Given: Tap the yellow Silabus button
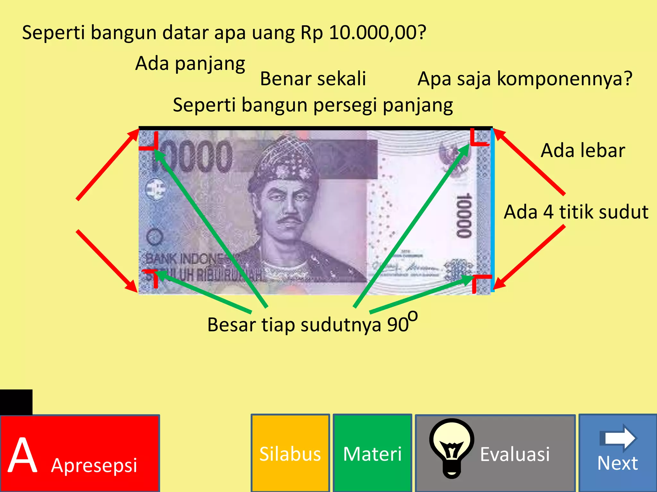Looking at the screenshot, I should click(290, 453).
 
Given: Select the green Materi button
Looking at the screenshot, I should click(372, 453).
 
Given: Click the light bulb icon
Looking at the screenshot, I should click(452, 448).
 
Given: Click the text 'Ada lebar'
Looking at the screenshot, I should click(583, 150).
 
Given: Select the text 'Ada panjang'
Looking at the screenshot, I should click(190, 63).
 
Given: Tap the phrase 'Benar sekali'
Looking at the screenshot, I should click(313, 79).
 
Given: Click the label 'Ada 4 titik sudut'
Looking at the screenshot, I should click(576, 212).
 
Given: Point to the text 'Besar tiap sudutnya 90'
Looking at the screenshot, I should click(308, 325).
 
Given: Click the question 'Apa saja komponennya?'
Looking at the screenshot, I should click(525, 79).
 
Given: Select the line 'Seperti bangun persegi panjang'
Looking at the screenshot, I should click(313, 105).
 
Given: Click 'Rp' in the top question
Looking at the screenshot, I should click(311, 33).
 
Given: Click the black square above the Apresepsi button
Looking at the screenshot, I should click(16, 402).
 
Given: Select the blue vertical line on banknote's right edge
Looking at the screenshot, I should click(492, 210).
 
